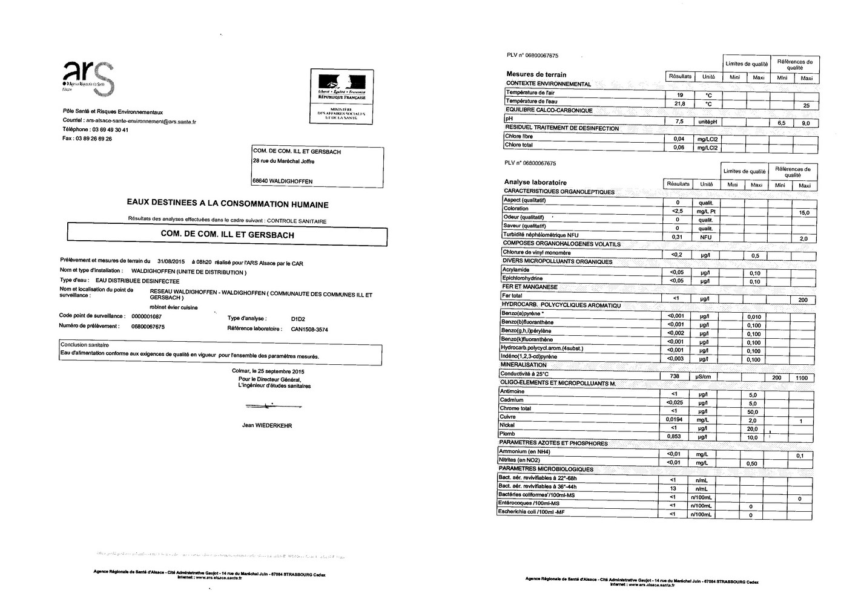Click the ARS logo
coord(88,76)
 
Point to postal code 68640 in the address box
coord(261,181)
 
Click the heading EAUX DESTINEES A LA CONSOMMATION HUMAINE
coord(227,205)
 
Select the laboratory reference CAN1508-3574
coord(309,329)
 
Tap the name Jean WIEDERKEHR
coord(266,426)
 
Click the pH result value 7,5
coord(679,122)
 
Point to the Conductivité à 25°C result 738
coord(675,376)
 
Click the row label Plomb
coord(507,434)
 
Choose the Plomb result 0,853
coord(674,436)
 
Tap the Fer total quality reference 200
coord(803,300)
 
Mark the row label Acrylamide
coord(515,270)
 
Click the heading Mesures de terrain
coord(536,74)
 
